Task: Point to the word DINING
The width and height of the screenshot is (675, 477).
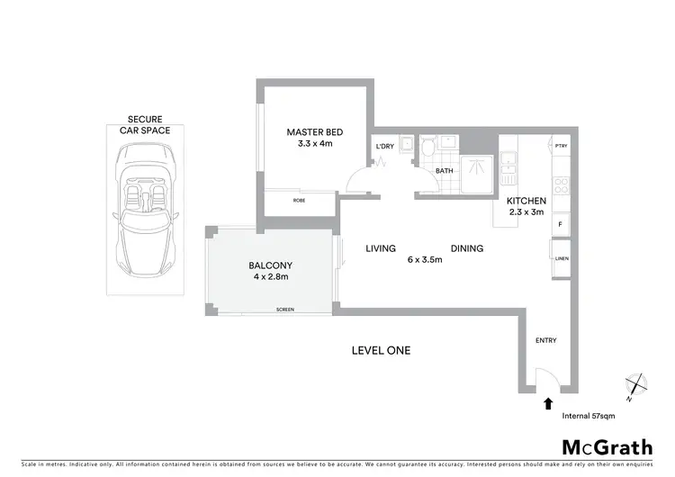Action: pos(467,248)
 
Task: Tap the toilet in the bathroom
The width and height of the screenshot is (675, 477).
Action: pos(427,146)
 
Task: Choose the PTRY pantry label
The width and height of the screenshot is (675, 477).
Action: pos(561,146)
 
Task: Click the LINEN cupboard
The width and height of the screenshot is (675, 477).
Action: pos(560,257)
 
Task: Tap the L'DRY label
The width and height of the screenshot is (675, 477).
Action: pos(384,146)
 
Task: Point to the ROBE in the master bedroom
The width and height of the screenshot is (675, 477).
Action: pos(299,202)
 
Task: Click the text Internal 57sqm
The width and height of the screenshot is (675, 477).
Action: pos(590,417)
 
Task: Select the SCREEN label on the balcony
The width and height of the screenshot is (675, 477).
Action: pos(285,310)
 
